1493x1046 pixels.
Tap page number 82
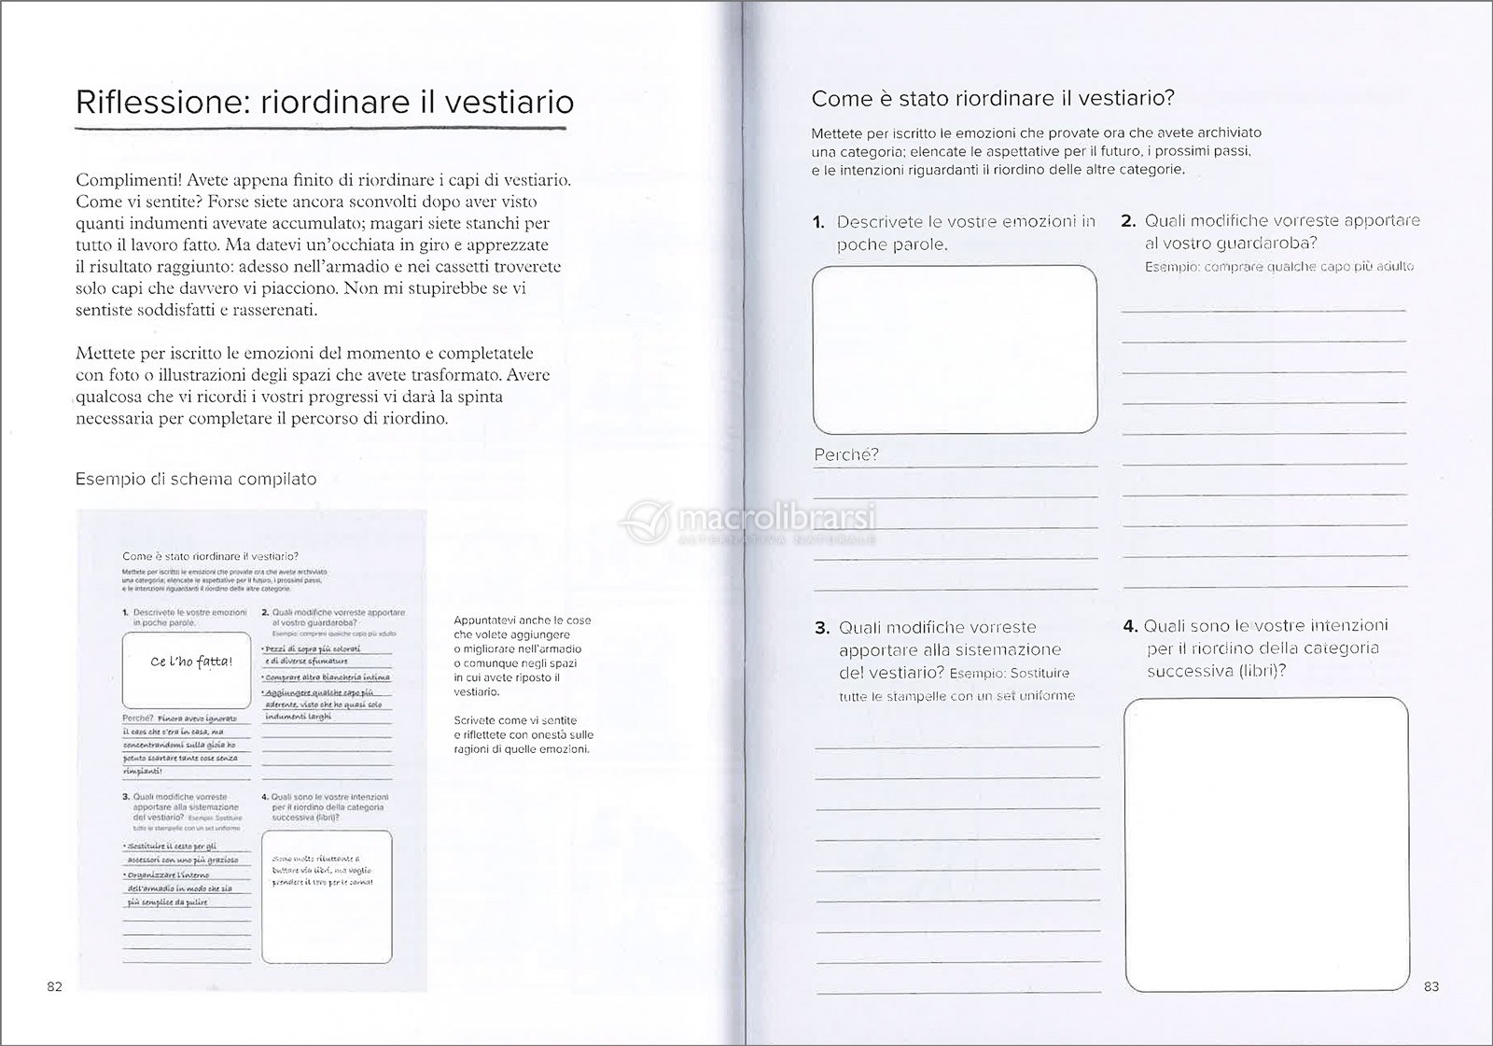tap(53, 987)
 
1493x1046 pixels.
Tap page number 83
tap(1431, 987)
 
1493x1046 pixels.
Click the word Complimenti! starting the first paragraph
tap(127, 180)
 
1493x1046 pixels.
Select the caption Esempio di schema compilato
tap(196, 480)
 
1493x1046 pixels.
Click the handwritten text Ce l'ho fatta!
tap(190, 662)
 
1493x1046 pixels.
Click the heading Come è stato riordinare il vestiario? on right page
tap(993, 99)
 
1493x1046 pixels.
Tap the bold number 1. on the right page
tap(818, 222)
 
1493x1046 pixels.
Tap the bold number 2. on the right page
tap(1127, 221)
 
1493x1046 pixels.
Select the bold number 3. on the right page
tap(821, 628)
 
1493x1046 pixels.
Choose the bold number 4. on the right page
tap(1129, 626)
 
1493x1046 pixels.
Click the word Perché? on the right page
tap(846, 455)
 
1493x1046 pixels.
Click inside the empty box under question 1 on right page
tap(955, 349)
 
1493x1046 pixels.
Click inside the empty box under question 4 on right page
tap(1265, 844)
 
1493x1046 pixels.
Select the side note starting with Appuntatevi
tap(522, 656)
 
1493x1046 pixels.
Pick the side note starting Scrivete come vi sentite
tap(522, 734)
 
